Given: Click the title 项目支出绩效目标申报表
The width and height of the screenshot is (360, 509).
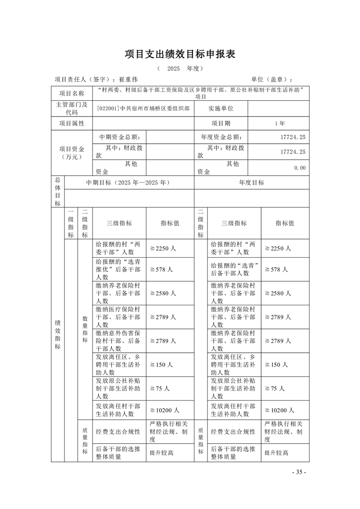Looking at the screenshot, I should [180, 54].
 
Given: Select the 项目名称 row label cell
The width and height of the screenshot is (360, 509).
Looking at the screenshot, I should [72, 93].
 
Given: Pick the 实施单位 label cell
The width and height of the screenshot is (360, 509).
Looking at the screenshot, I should [221, 109].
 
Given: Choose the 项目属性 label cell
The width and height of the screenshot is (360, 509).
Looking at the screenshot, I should [72, 123].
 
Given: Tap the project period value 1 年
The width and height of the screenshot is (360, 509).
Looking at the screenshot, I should [280, 123].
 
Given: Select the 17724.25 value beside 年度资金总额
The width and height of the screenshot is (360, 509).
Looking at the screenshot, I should [293, 137].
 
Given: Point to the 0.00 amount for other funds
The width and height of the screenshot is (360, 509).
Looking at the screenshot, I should [300, 168].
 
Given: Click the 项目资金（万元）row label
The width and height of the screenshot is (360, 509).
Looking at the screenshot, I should [72, 152].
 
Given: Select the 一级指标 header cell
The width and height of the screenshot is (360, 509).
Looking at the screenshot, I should [71, 223].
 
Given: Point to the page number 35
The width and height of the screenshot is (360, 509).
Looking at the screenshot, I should [299, 472].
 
